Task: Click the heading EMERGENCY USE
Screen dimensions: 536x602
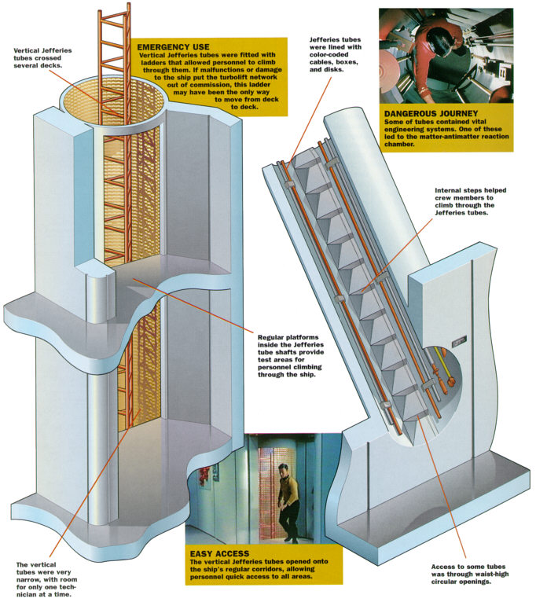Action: click(x=173, y=47)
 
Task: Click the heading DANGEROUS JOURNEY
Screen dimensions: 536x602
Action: click(x=431, y=113)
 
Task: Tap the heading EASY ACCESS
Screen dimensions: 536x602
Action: click(x=219, y=553)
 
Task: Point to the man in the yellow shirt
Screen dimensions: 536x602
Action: click(x=288, y=502)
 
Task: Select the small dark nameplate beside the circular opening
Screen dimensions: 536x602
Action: click(x=459, y=340)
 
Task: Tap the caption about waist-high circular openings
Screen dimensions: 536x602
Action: click(x=469, y=574)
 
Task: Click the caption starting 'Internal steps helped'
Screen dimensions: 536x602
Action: click(x=470, y=201)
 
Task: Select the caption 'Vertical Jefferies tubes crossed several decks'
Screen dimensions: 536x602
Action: click(x=42, y=57)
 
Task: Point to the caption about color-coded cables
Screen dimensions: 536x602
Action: click(x=335, y=54)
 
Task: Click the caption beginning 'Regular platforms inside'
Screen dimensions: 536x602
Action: click(x=291, y=355)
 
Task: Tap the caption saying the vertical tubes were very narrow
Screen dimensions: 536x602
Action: click(x=46, y=579)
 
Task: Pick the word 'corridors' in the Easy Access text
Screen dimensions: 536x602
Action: click(x=298, y=568)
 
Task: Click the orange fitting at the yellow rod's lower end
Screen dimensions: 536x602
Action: click(x=452, y=382)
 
